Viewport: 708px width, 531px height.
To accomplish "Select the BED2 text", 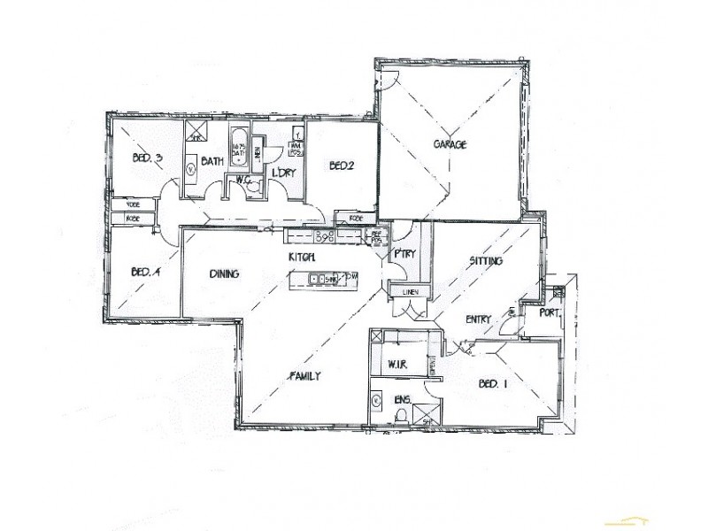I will (x=342, y=165).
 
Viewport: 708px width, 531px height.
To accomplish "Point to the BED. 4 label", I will (x=144, y=272).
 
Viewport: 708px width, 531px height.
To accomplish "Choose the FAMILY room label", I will (x=304, y=376).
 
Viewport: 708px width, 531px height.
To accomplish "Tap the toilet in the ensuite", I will (x=400, y=415).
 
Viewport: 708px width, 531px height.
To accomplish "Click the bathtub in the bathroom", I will (x=239, y=153).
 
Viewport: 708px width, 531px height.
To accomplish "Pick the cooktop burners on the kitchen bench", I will (x=323, y=235).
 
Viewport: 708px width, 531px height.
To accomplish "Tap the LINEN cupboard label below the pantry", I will (x=410, y=292).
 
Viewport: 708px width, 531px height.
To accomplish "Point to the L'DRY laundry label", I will (x=282, y=172).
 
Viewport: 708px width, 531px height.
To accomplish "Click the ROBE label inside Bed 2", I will (x=357, y=218).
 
